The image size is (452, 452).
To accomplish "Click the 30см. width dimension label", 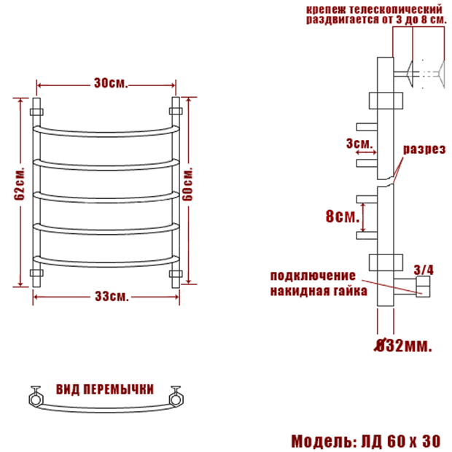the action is click(111, 83).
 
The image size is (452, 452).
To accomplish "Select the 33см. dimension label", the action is click(112, 296).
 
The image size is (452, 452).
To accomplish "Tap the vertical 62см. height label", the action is click(20, 183).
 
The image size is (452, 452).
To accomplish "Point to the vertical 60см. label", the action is click(187, 184).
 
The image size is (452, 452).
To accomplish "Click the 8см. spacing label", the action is click(343, 216).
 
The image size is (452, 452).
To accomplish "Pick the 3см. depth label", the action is click(359, 144).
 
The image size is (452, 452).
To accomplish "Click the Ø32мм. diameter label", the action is click(403, 346).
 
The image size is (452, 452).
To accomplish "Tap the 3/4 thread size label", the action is click(424, 270).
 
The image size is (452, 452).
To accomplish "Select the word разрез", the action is click(424, 149).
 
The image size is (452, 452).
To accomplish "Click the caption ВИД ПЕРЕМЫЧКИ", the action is click(105, 389).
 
